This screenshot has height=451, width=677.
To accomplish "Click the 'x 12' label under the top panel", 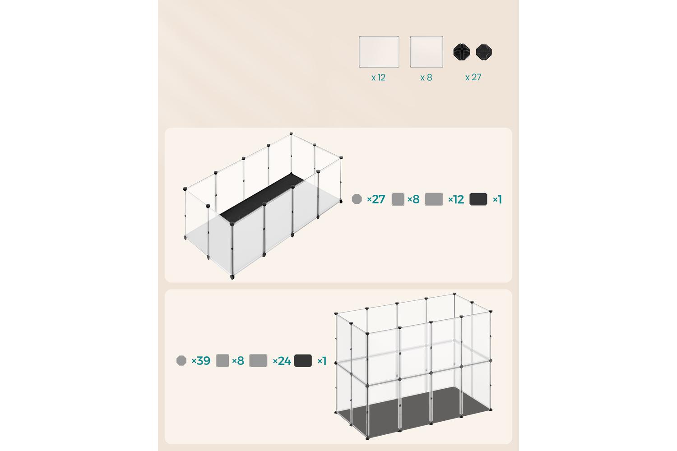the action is pyautogui.click(x=378, y=78).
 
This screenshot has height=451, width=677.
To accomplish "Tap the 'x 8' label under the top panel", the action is pyautogui.click(x=426, y=78).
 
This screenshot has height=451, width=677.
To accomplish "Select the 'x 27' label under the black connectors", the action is pyautogui.click(x=473, y=77).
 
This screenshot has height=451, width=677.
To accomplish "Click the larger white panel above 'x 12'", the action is pyautogui.click(x=379, y=52).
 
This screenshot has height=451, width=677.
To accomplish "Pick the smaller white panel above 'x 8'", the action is pyautogui.click(x=427, y=52).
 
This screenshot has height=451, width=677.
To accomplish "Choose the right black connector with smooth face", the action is pyautogui.click(x=484, y=52).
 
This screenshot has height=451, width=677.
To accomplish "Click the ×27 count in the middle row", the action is pyautogui.click(x=376, y=199).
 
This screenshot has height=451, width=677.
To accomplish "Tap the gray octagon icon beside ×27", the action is pyautogui.click(x=357, y=199).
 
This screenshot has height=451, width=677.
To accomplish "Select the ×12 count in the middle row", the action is pyautogui.click(x=456, y=199).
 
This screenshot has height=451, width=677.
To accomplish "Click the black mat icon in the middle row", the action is pyautogui.click(x=478, y=199).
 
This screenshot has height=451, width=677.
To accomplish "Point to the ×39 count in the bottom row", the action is pyautogui.click(x=201, y=361).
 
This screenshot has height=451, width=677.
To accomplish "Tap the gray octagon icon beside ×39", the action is pyautogui.click(x=181, y=361).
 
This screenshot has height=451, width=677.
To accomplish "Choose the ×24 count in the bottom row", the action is pyautogui.click(x=282, y=361).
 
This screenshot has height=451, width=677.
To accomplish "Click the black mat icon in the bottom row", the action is pyautogui.click(x=303, y=361).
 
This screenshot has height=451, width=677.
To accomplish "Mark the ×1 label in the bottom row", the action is pyautogui.click(x=322, y=361).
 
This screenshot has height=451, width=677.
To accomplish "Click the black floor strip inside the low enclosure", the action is pyautogui.click(x=262, y=196).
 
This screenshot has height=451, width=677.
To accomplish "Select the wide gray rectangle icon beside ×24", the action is pyautogui.click(x=259, y=361).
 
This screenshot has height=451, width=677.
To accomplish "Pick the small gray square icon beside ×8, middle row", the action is pyautogui.click(x=398, y=199).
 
